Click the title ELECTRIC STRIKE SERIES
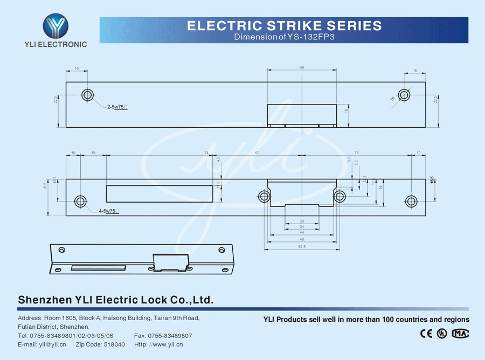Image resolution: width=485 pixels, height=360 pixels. click(284, 25)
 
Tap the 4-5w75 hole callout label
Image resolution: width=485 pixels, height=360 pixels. click(108, 211)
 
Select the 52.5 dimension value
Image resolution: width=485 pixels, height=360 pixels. click(302, 246)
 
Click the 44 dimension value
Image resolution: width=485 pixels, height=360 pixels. click(302, 232)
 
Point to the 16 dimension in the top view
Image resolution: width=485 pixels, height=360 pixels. click(346, 110)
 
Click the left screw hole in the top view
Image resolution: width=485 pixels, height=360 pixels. click(87, 95)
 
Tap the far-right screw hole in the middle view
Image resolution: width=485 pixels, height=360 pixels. click(411, 202)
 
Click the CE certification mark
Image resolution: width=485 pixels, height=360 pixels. click(426, 333)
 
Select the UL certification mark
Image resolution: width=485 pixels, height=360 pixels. click(442, 333)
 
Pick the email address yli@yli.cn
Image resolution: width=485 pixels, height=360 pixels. click(53, 344)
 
